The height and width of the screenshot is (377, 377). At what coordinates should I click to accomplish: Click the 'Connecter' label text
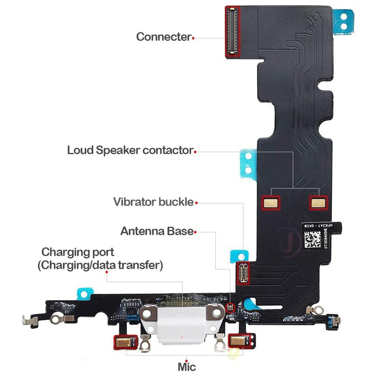point(164,37)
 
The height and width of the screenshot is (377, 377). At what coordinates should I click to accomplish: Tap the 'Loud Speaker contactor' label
point(130,150)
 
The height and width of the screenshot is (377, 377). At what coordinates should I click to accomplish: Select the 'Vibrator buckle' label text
point(153,202)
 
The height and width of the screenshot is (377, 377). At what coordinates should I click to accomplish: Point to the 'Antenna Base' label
point(157,231)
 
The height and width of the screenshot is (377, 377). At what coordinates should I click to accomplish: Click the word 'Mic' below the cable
point(187,366)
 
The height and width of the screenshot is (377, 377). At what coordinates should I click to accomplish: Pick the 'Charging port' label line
point(78,252)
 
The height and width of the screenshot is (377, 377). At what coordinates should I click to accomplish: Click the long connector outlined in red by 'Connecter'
point(233,32)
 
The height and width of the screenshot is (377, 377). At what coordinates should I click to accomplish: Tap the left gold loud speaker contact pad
point(271,203)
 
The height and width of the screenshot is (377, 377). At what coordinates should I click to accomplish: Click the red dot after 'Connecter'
point(193,38)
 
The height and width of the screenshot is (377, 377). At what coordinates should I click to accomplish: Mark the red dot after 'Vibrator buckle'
point(196,203)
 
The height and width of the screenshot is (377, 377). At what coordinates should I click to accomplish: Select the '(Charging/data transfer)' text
point(100,265)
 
